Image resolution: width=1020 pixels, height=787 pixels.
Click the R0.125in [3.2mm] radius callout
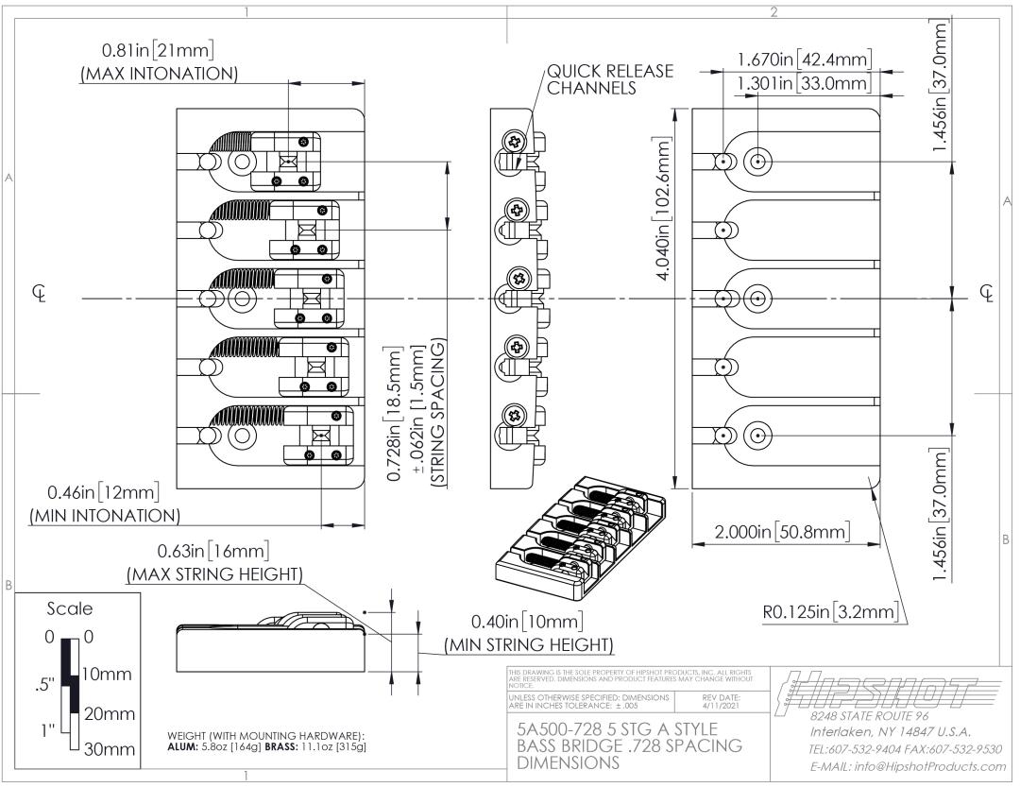pyautogui.click(x=828, y=613)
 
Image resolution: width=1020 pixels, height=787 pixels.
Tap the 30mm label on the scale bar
pyautogui.click(x=109, y=754)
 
